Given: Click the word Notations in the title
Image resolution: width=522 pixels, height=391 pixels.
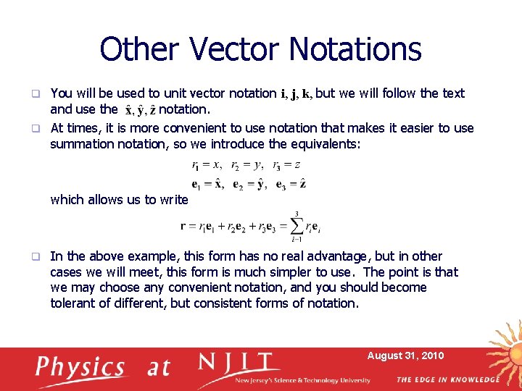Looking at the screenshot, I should click(x=355, y=49).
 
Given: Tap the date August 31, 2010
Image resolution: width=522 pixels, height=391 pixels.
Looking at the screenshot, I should click(x=405, y=356).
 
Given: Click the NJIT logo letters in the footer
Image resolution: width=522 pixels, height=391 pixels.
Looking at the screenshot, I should click(x=239, y=363).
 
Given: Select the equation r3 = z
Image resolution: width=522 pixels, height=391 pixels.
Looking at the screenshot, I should click(x=287, y=164).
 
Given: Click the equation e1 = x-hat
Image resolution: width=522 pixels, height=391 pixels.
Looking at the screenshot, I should click(x=208, y=184).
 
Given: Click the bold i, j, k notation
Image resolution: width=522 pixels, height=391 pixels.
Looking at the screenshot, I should click(x=297, y=94).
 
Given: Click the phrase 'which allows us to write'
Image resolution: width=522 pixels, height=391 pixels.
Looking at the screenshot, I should click(x=119, y=200).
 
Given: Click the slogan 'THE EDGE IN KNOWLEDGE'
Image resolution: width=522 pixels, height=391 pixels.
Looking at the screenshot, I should click(x=448, y=380).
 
